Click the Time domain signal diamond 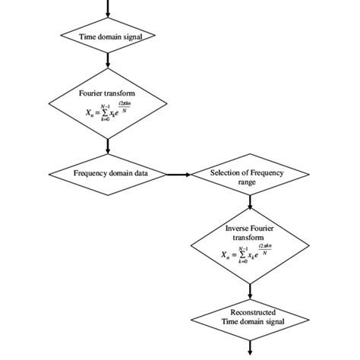pos(108,36)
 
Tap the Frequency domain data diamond pos(108,173)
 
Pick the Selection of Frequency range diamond pos(250,177)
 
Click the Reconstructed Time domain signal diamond pos(250,317)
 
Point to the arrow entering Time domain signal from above pos(108,8)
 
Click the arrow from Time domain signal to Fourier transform pos(108,58)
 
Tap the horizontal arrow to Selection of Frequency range pos(178,174)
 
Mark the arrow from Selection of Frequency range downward pos(250,201)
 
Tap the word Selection pos(227,172)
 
